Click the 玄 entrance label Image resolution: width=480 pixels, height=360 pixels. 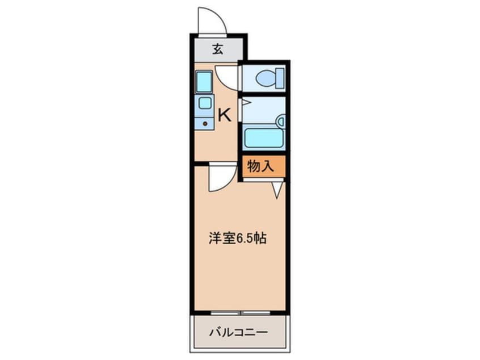point(217,49)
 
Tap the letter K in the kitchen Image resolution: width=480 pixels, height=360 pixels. point(225,116)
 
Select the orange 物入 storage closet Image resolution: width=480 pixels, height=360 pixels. point(261,166)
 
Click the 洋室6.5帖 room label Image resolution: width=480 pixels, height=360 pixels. point(237,238)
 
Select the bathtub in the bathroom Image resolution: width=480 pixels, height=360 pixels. point(263,138)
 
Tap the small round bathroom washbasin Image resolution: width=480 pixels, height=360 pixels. point(280,120)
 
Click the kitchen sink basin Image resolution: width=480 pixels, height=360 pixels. point(205,103)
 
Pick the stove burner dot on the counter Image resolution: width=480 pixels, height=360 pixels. point(205,123)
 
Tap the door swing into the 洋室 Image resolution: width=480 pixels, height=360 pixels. point(221,177)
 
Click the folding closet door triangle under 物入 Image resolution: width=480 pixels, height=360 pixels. point(277,189)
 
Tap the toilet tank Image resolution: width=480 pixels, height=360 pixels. point(280,78)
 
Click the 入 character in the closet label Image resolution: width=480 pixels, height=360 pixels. point(268,166)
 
